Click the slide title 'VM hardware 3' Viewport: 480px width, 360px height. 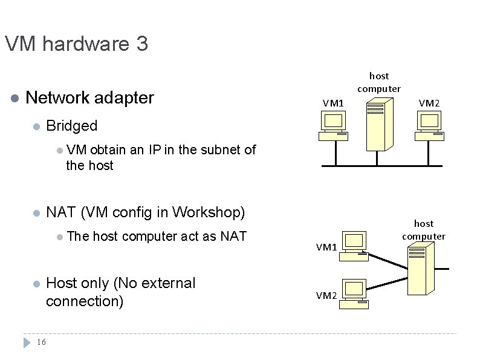[x=76, y=44]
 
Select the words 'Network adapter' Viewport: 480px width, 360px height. [x=90, y=97]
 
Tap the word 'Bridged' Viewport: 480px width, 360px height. [x=71, y=126]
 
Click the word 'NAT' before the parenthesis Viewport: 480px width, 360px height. [x=60, y=212]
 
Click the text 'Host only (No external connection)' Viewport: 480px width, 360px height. [x=121, y=292]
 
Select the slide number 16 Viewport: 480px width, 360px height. [x=41, y=342]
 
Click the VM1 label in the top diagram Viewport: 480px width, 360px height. [x=333, y=103]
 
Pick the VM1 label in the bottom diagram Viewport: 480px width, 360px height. [x=326, y=247]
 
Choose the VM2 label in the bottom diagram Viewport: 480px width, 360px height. [x=326, y=295]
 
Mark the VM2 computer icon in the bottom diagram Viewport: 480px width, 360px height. [x=354, y=293]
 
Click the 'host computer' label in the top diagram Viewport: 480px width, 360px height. [x=379, y=82]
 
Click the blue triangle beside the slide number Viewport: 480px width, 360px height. [x=26, y=342]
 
